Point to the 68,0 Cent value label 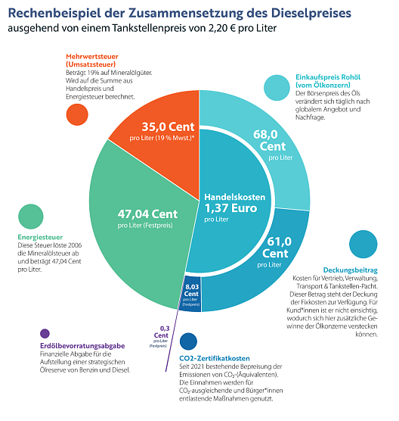pos(273,140)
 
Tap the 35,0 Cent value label pos(168,127)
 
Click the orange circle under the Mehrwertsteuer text pos(76,114)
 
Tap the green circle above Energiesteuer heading pos(29,217)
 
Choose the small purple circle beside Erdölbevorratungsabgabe pos(45,332)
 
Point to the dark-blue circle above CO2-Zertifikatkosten pos(188,341)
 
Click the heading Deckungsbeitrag pos(349,270)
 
